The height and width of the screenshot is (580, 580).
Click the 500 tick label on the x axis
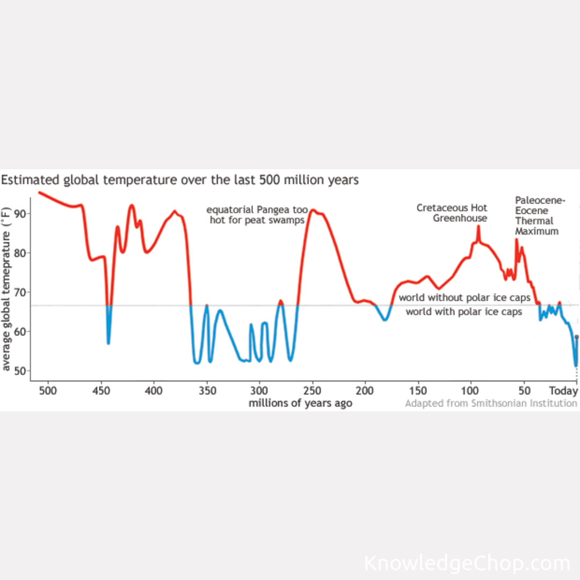tap(48, 389)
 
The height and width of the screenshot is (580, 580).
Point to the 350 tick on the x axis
tap(207, 389)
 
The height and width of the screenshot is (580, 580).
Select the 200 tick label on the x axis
tap(365, 389)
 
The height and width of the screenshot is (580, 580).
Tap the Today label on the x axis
tap(563, 389)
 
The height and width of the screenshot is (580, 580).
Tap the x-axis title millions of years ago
tap(300, 403)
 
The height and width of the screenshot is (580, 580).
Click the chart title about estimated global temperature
tap(179, 179)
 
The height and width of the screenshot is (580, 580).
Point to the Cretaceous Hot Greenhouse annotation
tap(452, 213)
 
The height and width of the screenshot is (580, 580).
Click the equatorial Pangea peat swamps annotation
tap(257, 214)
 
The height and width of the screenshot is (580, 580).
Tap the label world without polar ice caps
tap(465, 298)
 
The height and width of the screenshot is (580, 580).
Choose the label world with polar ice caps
tap(463, 312)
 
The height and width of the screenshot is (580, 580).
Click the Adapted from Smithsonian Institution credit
tap(491, 403)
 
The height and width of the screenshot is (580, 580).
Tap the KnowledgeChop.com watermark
tap(467, 563)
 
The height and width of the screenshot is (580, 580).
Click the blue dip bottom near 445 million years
tap(108, 343)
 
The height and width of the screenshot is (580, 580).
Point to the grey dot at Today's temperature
tap(577, 337)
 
